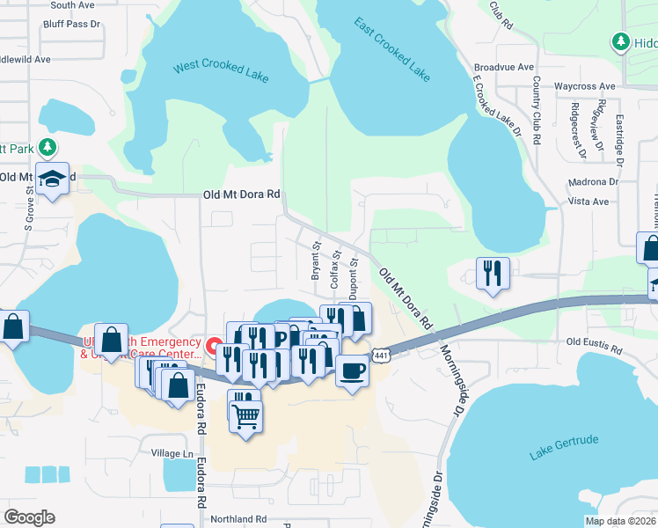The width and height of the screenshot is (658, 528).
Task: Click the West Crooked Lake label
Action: click(221, 71)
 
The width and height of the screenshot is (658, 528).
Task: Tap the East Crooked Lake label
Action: click(392, 49)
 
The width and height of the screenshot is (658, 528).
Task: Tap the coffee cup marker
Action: click(351, 370)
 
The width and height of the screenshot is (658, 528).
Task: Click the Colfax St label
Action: click(335, 263)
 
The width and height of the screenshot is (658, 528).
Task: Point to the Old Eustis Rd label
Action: click(596, 341)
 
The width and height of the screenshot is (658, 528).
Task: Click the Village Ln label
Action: click(172, 453)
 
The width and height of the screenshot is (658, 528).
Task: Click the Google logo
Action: click(29, 517)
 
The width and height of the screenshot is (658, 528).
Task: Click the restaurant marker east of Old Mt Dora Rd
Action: click(493, 272)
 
